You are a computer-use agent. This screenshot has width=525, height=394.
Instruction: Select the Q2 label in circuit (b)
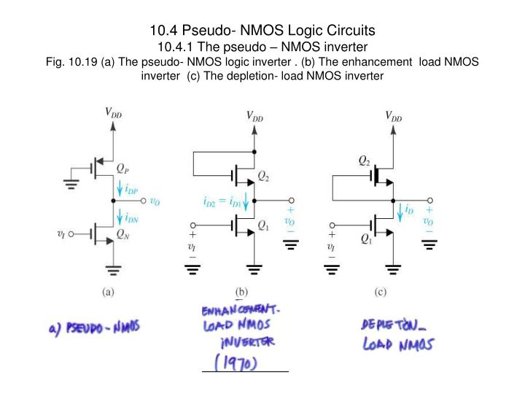[x=265, y=177]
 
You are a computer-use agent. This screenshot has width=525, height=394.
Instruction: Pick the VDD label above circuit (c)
[x=393, y=115]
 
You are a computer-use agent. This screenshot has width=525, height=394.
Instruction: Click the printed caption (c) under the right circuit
[x=380, y=293]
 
